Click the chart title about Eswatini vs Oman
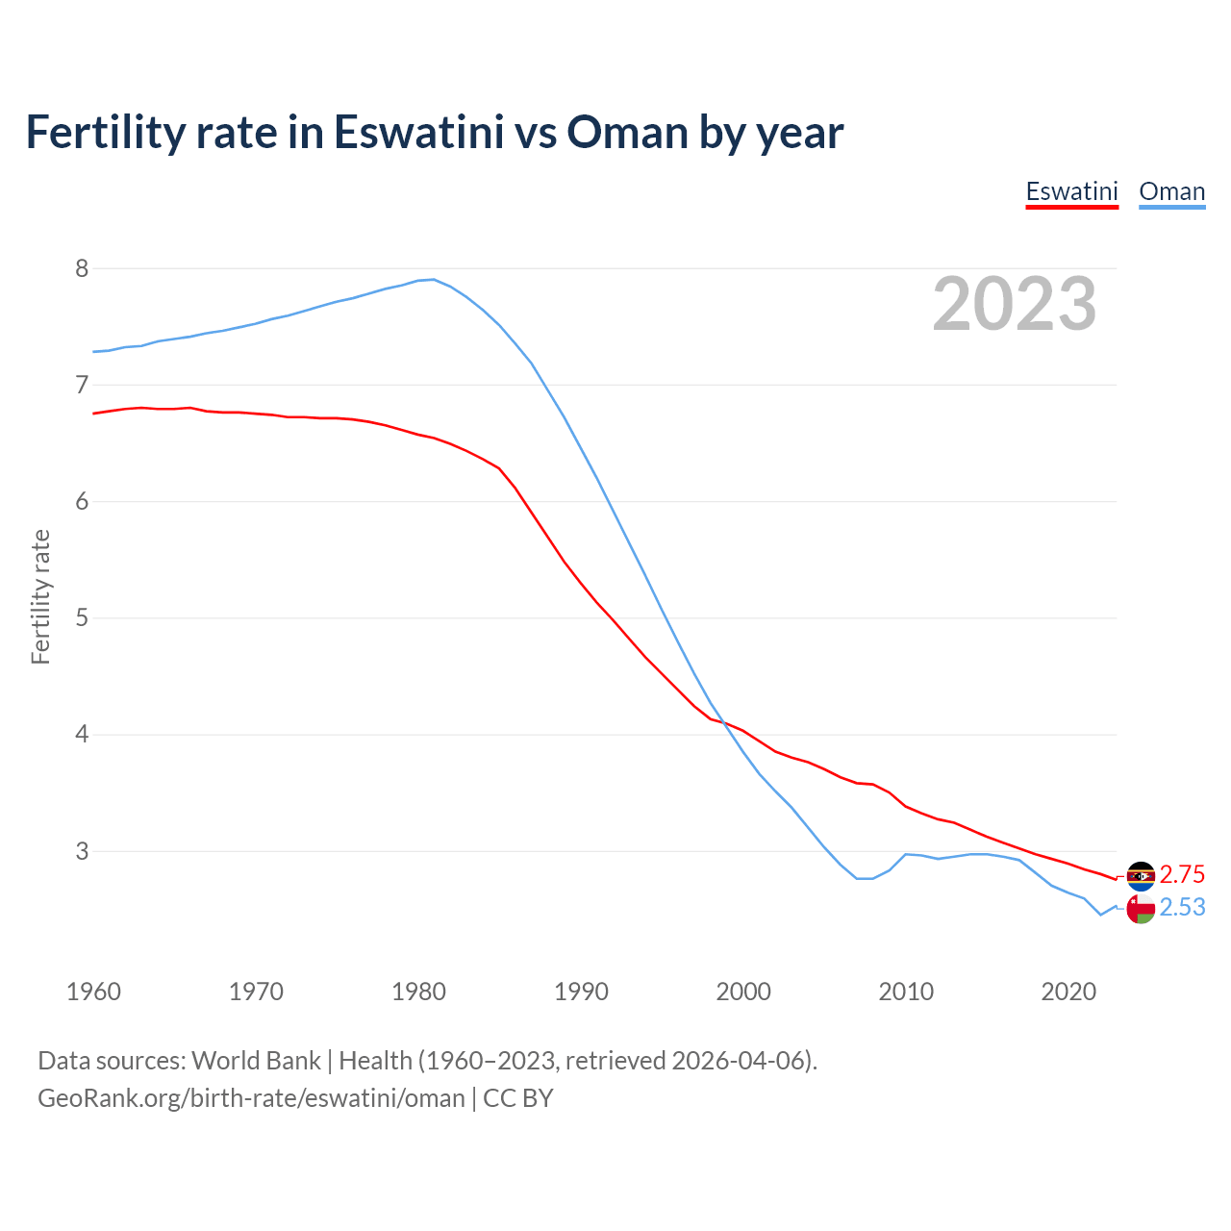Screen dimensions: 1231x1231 coord(434,133)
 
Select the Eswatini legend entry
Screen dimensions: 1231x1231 coord(1071,191)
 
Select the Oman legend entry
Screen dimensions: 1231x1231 coord(1171,191)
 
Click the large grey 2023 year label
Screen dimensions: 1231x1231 coord(1014,304)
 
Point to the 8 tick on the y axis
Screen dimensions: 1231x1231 coord(82,268)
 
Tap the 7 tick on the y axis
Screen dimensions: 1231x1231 coord(82,385)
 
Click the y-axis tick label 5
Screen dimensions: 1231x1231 coord(82,617)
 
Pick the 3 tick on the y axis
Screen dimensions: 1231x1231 coord(82,851)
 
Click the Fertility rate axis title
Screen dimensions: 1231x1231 coord(40,596)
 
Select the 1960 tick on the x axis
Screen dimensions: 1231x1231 coord(93,992)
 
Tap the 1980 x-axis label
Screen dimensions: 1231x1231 coord(418,992)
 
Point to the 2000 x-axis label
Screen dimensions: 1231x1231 coord(743,992)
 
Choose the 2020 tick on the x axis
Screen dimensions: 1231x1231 coord(1068,992)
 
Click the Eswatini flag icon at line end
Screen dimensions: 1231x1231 coord(1141,875)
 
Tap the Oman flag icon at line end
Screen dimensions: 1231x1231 coord(1141,908)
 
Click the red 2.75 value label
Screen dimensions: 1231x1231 coord(1182,874)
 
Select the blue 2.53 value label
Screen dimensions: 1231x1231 coord(1182,908)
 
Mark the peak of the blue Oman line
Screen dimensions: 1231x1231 coord(434,279)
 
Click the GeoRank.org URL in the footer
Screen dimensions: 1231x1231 coord(251,1098)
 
